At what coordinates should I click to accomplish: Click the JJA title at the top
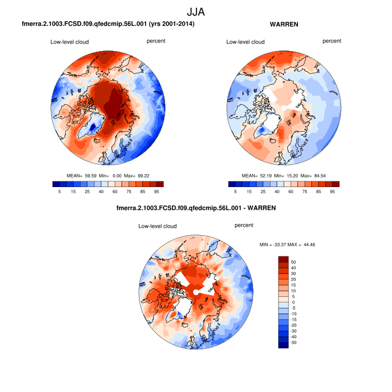(x=196, y=11)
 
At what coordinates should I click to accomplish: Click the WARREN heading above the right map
(x=284, y=25)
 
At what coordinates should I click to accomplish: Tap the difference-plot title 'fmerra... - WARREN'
(x=196, y=208)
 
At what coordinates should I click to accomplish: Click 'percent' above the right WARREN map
(x=332, y=41)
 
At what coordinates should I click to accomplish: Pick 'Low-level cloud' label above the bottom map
(x=157, y=226)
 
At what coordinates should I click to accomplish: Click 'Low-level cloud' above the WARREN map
(x=245, y=42)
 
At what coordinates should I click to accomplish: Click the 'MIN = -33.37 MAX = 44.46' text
(x=289, y=245)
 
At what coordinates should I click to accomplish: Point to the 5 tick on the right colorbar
(x=235, y=192)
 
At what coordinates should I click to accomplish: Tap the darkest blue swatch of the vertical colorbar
(x=284, y=344)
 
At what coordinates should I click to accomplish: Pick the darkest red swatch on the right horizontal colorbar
(x=335, y=184)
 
